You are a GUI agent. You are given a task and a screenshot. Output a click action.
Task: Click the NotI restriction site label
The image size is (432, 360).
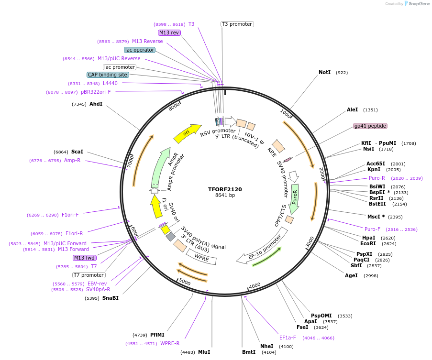pyautogui.click(x=324, y=73)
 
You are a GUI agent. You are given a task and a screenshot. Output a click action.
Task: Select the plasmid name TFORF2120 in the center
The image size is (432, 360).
pyautogui.click(x=225, y=189)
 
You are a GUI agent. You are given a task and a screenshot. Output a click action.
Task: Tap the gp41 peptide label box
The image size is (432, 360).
pyautogui.click(x=370, y=126)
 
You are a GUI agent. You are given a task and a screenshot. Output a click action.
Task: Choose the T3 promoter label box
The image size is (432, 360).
pyautogui.click(x=237, y=24)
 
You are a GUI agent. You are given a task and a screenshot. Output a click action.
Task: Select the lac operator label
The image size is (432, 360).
pyautogui.click(x=140, y=50)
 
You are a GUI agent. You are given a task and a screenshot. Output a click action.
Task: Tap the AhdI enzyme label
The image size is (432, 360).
pyautogui.click(x=96, y=104)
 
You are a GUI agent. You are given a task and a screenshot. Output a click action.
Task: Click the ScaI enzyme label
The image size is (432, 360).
pyautogui.click(x=77, y=152)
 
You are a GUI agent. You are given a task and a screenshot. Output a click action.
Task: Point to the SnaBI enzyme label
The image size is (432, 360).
pyautogui.click(x=110, y=298)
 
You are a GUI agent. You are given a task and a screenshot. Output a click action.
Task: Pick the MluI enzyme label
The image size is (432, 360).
pyautogui.click(x=204, y=352)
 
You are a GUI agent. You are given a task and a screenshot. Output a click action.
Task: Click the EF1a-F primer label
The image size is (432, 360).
pyautogui.click(x=288, y=338)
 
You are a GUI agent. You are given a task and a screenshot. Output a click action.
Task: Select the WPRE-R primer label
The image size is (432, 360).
pyautogui.click(x=170, y=343)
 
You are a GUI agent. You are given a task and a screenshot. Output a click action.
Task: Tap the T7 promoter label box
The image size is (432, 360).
pyautogui.click(x=89, y=275)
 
